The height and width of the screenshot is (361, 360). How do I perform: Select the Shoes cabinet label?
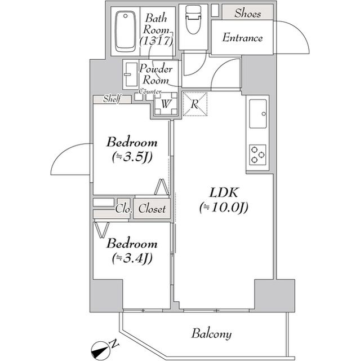(247, 13)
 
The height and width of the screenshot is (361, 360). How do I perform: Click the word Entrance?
(242, 38)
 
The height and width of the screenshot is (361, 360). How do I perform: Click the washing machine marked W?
(165, 104)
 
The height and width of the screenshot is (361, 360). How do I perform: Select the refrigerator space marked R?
(194, 103)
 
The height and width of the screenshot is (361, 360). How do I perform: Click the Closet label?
(152, 209)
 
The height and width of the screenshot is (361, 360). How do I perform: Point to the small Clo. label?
(123, 209)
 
